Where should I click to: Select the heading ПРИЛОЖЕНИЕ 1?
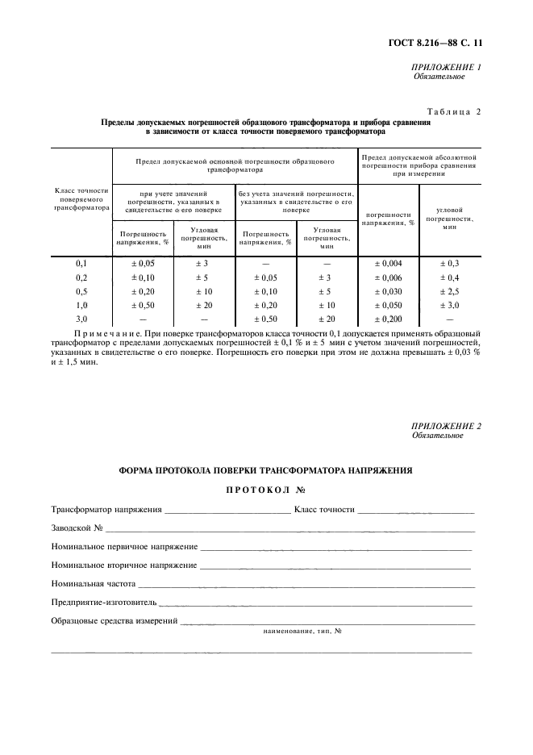446,67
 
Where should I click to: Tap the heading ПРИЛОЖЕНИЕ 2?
446,426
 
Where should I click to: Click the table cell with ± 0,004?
387,264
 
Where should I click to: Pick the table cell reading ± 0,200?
387,319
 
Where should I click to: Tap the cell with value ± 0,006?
387,277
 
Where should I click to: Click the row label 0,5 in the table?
81,291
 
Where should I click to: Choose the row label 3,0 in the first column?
81,319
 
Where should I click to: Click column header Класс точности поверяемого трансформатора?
81,199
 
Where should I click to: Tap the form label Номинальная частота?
93,583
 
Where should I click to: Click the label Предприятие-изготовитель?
103,602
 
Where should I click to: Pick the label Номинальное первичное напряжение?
124,546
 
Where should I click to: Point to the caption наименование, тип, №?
302,632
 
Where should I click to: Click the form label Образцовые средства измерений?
114,620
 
